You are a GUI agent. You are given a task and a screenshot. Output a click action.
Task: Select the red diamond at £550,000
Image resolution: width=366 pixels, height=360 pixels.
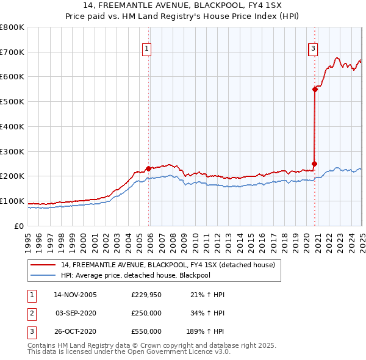click(315, 89)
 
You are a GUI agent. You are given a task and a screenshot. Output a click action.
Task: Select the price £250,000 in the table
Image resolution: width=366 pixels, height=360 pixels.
click(146, 313)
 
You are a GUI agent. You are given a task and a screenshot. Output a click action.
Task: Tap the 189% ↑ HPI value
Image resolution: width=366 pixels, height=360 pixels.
click(206, 331)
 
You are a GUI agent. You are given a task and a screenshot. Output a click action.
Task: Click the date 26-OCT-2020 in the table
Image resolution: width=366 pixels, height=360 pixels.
click(76, 331)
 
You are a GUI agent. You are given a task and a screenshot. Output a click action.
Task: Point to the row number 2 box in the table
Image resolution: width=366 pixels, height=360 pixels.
click(31, 313)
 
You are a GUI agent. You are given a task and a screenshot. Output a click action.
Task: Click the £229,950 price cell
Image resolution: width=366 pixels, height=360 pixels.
click(146, 295)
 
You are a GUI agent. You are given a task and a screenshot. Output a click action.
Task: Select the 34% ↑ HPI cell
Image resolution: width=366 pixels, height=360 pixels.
click(207, 313)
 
